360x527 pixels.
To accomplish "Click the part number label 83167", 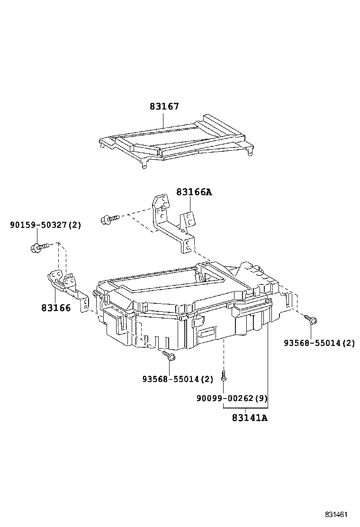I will click(164, 107).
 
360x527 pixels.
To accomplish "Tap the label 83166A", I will click(194, 192).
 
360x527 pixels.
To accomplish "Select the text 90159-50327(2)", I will click(45, 225).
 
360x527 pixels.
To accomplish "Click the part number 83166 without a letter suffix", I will click(55, 308).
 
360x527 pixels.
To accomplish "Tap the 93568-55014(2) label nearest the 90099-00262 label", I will click(178, 379).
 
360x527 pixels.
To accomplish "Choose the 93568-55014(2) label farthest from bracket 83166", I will click(319, 343).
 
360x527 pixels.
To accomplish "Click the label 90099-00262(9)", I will click(232, 399).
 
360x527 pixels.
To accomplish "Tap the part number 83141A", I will click(250, 418).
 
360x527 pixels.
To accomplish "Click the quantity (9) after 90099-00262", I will click(261, 399).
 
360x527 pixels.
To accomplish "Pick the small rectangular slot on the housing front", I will click(207, 333).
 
